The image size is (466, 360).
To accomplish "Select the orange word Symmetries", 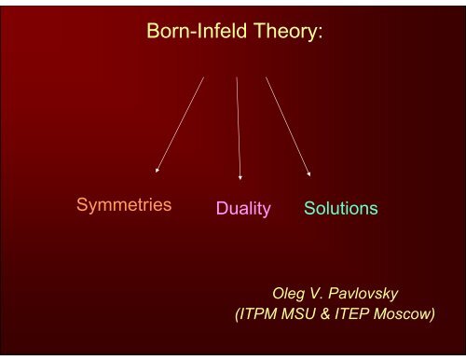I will (123, 205).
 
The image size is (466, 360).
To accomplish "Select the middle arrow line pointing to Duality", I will (239, 126).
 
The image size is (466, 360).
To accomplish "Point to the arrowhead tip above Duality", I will (240, 177).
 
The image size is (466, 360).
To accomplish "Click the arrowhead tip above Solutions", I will (309, 175).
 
